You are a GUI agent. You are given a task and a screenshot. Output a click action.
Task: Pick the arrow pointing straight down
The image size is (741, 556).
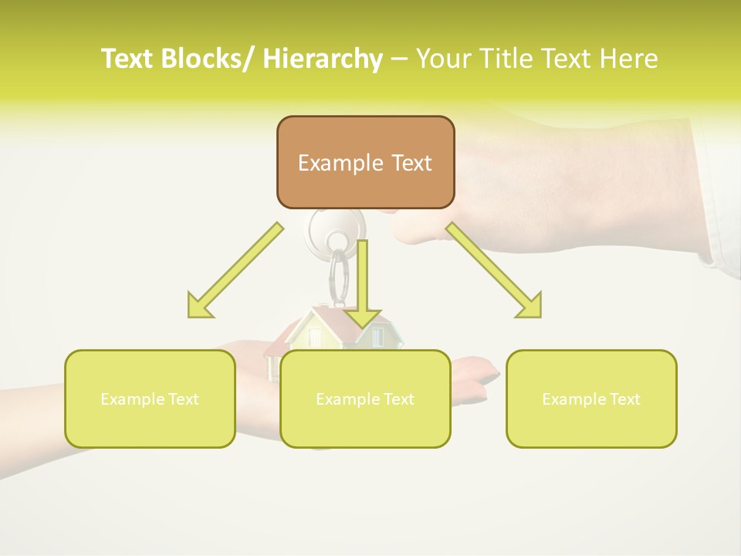[x=362, y=286]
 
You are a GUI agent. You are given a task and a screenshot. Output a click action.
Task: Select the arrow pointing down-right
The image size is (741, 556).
[x=494, y=270]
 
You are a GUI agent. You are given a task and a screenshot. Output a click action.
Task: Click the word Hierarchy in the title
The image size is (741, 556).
[x=323, y=59]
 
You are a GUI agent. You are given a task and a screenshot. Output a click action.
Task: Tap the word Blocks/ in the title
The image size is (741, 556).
[x=210, y=59]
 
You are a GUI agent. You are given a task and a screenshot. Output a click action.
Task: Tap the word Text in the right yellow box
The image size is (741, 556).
[x=624, y=399]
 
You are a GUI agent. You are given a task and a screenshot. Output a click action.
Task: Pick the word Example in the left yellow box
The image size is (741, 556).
[x=132, y=399]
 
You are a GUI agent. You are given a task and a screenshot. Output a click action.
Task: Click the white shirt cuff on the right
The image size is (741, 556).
[x=718, y=193]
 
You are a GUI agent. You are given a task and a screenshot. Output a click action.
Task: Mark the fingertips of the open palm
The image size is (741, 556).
[x=482, y=371]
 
